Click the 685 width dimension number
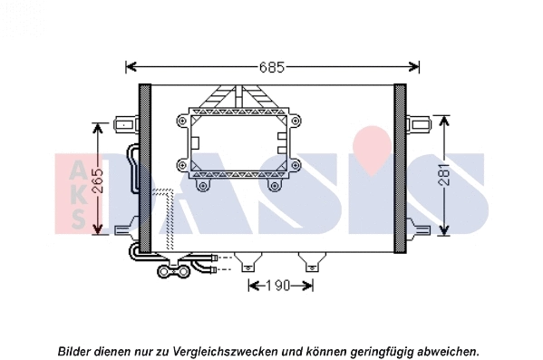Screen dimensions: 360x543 [x=272, y=67]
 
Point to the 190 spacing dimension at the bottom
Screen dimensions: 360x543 [x=281, y=286]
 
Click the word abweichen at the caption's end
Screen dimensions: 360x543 [x=448, y=351]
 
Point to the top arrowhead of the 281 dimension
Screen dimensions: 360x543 [x=443, y=120]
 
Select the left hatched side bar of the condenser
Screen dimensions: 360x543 [x=145, y=168]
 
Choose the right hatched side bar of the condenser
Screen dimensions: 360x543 [x=400, y=168]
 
